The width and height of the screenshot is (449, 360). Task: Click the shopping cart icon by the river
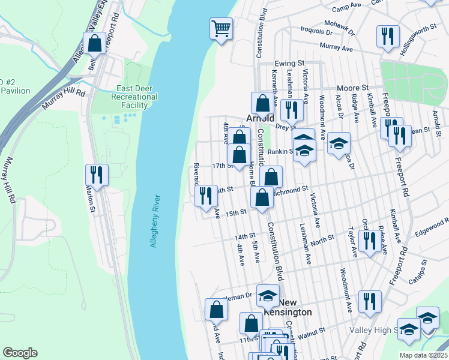221,28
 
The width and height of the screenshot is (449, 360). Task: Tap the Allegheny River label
154,220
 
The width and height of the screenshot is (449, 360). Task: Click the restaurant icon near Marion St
96,175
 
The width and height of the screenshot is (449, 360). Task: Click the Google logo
20,353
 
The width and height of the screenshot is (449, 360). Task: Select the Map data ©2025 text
423,355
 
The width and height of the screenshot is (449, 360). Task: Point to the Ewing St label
290,63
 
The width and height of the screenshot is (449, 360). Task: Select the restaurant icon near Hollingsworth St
388,36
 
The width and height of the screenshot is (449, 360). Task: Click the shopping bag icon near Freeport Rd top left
95,43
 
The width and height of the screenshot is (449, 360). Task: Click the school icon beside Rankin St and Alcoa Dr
339,143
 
